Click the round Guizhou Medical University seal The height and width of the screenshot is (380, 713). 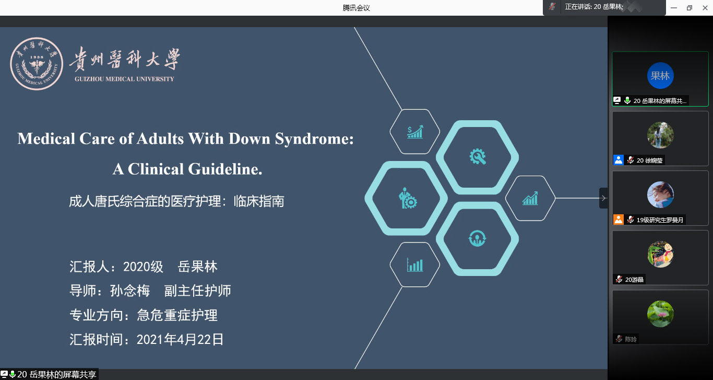click(37, 63)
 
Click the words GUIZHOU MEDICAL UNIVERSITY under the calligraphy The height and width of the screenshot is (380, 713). click(124, 79)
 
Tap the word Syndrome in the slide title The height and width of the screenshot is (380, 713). click(314, 139)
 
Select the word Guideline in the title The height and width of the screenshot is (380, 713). click(225, 169)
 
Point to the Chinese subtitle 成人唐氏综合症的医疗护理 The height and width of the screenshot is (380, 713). click(145, 201)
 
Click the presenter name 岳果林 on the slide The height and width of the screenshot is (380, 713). click(197, 267)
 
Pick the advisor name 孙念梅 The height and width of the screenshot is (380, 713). click(130, 291)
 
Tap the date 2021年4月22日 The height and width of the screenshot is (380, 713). click(180, 340)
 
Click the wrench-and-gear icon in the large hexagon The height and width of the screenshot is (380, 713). click(478, 156)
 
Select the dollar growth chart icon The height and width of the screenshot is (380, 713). click(415, 132)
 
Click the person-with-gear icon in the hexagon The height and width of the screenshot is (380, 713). click(408, 198)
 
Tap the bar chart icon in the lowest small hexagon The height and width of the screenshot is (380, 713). click(415, 265)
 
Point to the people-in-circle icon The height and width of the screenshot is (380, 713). click(477, 238)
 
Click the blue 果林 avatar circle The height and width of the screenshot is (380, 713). click(660, 76)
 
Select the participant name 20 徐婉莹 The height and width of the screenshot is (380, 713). click(649, 160)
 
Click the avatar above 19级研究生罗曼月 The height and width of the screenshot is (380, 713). click(660, 194)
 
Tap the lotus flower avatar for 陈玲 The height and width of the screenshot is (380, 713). click(660, 314)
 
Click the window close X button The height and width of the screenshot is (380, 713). click(705, 8)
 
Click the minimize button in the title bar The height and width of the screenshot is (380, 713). click(674, 8)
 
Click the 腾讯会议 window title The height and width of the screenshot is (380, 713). click(356, 8)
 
